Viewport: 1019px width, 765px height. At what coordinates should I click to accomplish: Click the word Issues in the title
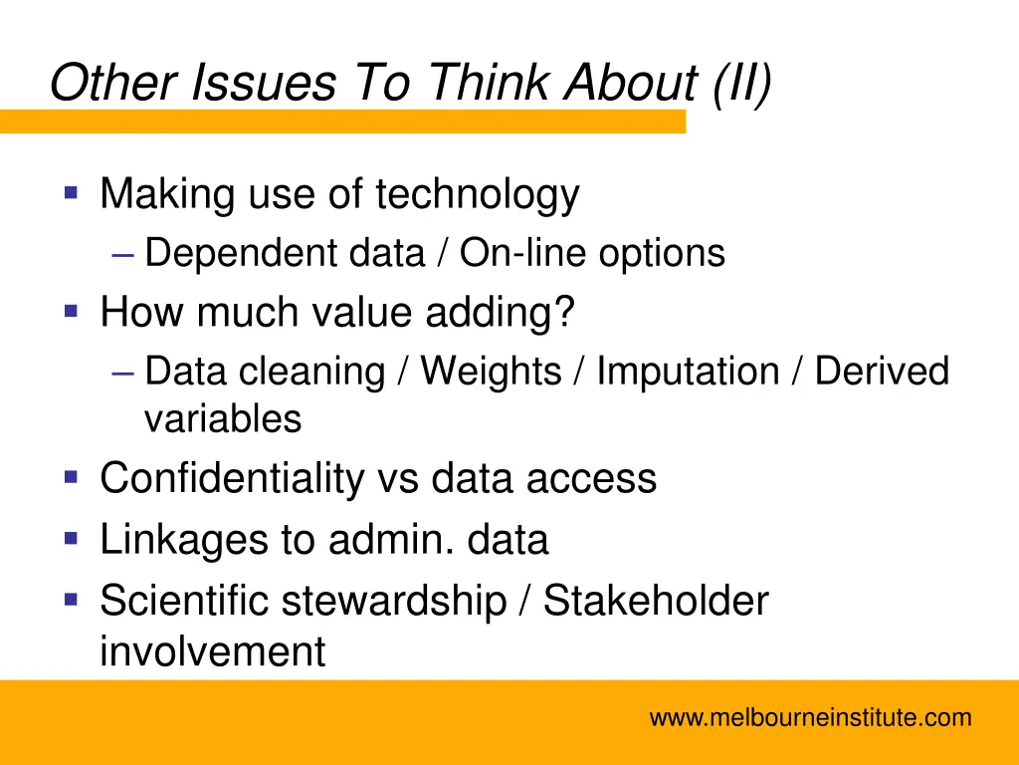click(x=264, y=84)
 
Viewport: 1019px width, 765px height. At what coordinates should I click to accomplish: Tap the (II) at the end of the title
click(x=740, y=84)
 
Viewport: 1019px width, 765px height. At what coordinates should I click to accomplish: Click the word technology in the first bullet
click(x=477, y=194)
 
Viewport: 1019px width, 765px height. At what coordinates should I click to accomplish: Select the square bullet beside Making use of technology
click(x=71, y=191)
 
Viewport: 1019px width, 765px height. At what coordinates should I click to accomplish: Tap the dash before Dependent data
click(x=123, y=255)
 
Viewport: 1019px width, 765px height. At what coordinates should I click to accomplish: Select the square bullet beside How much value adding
click(x=71, y=311)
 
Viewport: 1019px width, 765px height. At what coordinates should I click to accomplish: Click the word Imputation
click(x=688, y=373)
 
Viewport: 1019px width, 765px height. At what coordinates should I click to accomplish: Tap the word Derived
click(x=882, y=373)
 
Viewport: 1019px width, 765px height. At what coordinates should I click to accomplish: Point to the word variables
click(x=223, y=419)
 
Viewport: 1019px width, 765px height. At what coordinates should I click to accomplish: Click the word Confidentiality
click(x=233, y=479)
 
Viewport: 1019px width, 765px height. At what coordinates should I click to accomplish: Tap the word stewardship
click(x=393, y=602)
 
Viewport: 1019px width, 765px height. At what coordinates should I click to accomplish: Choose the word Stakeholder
click(x=656, y=602)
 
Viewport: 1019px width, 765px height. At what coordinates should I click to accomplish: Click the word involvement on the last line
click(x=212, y=652)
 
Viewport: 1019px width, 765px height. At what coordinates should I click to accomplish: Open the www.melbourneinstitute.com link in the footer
click(x=810, y=717)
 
